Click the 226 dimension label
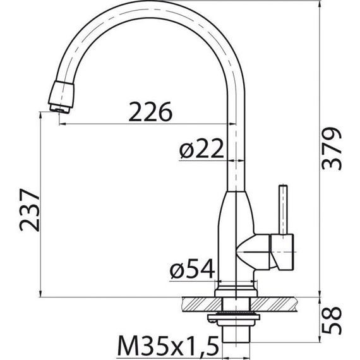pyautogui.click(x=150, y=112)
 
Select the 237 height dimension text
pyautogui.click(x=30, y=210)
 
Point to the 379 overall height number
pyautogui.click(x=332, y=148)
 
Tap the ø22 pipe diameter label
pyautogui.click(x=201, y=148)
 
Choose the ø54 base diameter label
pyautogui.click(x=193, y=268)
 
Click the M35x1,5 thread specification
pyautogui.click(x=168, y=346)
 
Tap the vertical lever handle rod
pyautogui.click(x=283, y=210)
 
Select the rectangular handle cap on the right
pyautogui.click(x=282, y=252)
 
